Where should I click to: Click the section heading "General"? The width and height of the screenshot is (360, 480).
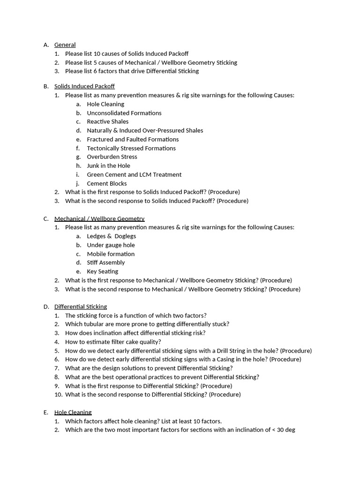pos(65,45)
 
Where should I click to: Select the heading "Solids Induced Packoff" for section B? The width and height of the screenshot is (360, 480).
pos(84,86)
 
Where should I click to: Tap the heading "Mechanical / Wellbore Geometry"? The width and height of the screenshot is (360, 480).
pos(99,219)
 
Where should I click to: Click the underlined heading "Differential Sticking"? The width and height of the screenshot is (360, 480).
pos(81,307)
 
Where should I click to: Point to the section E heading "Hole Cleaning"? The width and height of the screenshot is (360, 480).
pos(73,412)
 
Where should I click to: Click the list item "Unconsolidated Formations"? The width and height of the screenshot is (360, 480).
pos(124,113)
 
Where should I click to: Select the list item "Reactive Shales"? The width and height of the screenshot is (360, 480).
pos(107,121)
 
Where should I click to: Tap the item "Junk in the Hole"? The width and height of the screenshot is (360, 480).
pos(108,165)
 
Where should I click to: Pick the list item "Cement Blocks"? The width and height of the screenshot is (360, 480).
pos(106,183)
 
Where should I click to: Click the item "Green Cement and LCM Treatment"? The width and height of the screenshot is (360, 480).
pos(134,174)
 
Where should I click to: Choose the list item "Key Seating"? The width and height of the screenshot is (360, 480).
pos(102,271)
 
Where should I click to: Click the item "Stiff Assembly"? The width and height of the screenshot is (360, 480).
pos(105,262)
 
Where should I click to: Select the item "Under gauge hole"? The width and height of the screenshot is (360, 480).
pos(111,245)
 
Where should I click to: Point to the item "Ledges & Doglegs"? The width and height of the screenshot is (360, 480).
pos(111,236)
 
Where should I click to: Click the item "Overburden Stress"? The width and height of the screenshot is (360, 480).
pos(112,157)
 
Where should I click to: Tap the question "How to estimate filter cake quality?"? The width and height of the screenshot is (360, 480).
pos(113,342)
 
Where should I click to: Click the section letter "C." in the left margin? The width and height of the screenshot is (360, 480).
pos(46,219)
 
